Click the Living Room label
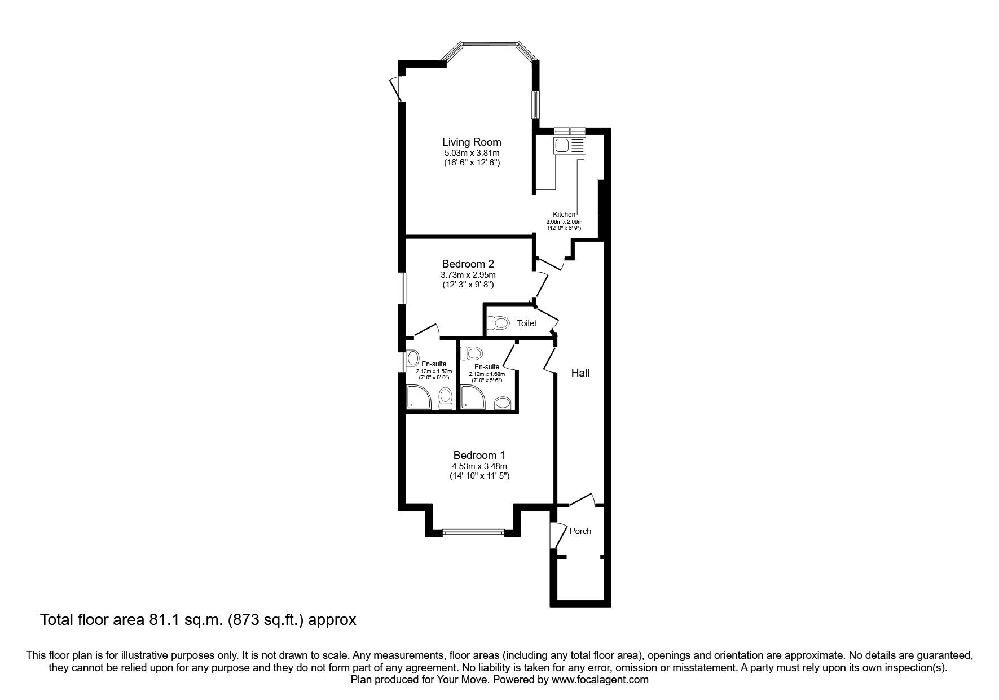point(472,142)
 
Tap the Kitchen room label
point(564,215)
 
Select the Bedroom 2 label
point(468,264)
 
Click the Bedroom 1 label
point(479,455)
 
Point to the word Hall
point(580,373)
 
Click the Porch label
point(580,531)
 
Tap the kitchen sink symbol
point(570,146)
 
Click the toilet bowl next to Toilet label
point(499,323)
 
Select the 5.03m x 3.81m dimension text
point(472,153)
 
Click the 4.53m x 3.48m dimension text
point(479,466)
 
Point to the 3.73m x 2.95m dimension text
point(468,275)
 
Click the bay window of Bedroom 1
point(473,532)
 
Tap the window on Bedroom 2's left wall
point(402,288)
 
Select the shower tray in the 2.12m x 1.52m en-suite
point(419,397)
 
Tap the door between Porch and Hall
point(581,500)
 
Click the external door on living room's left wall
point(396,89)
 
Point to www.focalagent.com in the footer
point(600,680)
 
